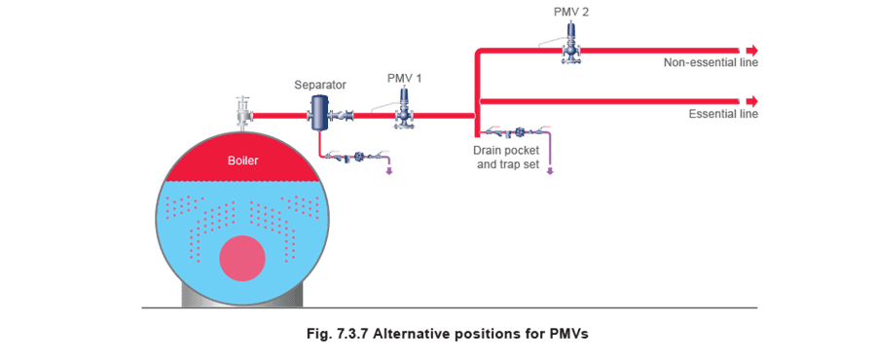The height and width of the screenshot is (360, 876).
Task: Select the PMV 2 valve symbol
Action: tap(571, 43)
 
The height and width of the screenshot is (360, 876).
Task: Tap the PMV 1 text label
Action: tap(405, 79)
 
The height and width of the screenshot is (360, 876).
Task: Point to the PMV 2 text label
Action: tap(571, 13)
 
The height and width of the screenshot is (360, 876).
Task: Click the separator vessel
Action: tap(319, 113)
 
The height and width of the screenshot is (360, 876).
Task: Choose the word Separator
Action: tap(320, 86)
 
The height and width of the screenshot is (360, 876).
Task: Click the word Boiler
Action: tap(243, 161)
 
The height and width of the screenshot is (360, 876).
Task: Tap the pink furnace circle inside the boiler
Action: tap(242, 258)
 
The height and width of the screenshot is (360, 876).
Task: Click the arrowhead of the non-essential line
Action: tap(752, 49)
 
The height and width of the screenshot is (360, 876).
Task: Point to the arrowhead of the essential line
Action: tap(752, 101)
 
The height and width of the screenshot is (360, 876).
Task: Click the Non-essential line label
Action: tap(711, 62)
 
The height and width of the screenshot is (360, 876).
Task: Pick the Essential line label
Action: tap(723, 115)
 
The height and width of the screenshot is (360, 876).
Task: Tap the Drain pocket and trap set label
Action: tap(506, 158)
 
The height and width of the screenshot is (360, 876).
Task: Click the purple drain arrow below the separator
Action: tap(389, 168)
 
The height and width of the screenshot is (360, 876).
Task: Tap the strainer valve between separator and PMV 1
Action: tap(343, 116)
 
